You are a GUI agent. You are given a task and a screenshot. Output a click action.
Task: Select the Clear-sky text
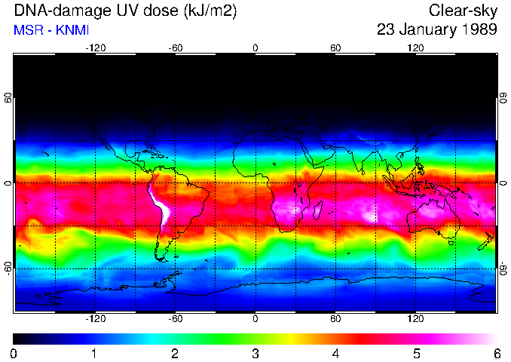(x=463, y=11)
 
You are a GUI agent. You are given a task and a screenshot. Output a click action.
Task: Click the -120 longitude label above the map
(x=95, y=48)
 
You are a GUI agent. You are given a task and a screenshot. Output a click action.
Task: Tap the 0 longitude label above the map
(x=255, y=48)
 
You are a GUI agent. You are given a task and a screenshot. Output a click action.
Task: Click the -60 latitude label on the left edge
(x=8, y=268)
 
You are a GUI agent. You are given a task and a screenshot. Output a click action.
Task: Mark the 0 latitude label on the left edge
(x=8, y=183)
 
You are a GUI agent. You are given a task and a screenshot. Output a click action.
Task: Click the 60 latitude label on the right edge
(x=503, y=99)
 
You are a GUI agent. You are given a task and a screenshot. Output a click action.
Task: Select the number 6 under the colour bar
(x=496, y=353)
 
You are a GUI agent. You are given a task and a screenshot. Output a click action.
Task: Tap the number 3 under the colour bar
(x=255, y=353)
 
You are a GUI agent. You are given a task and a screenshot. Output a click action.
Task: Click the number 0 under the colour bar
(x=14, y=353)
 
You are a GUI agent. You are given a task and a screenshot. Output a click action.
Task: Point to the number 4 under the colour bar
(x=335, y=353)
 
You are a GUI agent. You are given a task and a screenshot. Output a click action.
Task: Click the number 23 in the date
(x=387, y=30)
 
